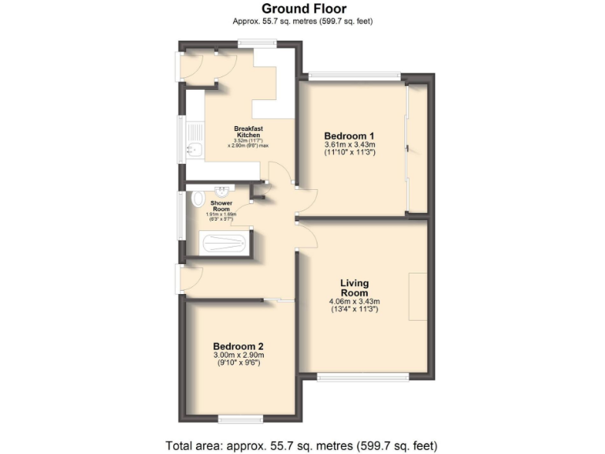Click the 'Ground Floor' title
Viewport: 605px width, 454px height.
tap(302, 9)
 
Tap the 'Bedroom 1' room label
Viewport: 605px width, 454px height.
tap(349, 135)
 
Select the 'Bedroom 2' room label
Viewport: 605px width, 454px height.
tap(238, 346)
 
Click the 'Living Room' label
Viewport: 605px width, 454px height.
tap(354, 288)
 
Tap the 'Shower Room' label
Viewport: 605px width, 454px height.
tap(221, 206)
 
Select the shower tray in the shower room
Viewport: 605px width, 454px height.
tap(225, 243)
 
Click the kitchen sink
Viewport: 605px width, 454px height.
tap(194, 147)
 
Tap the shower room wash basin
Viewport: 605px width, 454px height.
tap(222, 189)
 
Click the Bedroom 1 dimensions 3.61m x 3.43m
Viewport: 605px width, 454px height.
tap(349, 145)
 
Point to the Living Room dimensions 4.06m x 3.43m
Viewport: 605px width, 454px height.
tap(354, 302)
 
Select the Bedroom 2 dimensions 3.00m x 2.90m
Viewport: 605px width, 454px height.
tap(238, 355)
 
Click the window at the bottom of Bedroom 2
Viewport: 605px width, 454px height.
tap(240, 418)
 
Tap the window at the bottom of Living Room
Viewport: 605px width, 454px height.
tap(362, 378)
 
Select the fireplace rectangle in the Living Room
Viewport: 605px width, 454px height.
tap(418, 296)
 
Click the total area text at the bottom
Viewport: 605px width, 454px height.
tap(302, 445)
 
